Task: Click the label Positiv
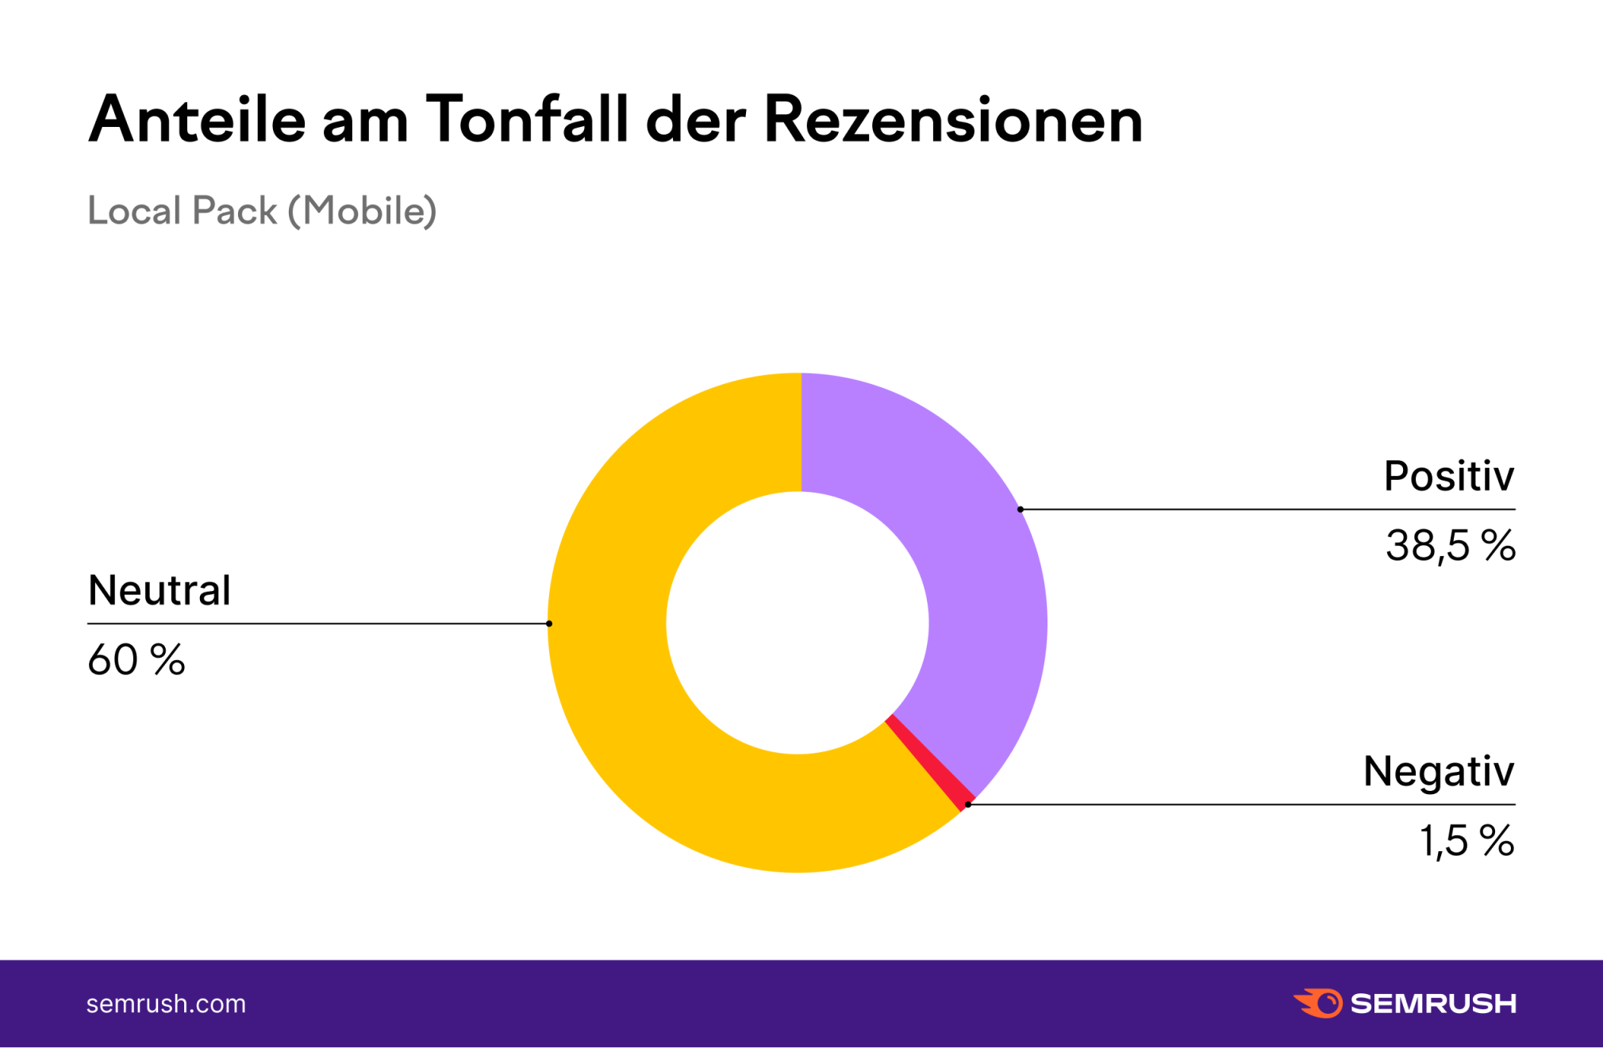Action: (x=1448, y=476)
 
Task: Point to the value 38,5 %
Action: (x=1450, y=546)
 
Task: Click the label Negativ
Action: (x=1438, y=771)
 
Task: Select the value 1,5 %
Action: (x=1467, y=841)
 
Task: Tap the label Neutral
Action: (x=159, y=591)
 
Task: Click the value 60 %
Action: (x=136, y=660)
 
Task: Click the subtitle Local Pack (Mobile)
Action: (x=262, y=211)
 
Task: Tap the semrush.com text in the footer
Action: (x=166, y=1004)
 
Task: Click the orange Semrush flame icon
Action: (x=1318, y=1003)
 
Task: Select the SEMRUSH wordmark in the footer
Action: (x=1433, y=1004)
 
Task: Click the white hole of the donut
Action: (x=798, y=623)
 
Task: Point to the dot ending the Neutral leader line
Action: (x=549, y=624)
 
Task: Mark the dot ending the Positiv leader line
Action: (x=1021, y=509)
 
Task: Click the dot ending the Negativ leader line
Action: (x=968, y=804)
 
